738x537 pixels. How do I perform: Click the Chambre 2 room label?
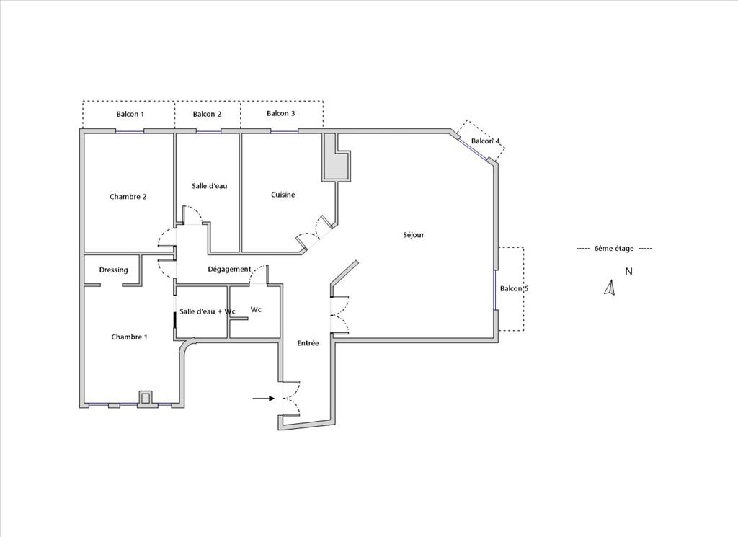128,197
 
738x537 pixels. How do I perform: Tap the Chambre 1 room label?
130,337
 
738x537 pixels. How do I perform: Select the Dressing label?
113,270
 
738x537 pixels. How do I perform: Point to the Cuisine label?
283,195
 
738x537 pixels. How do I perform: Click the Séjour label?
414,235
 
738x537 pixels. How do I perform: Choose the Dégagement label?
229,269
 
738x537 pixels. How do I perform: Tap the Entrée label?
308,343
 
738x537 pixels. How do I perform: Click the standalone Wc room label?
256,310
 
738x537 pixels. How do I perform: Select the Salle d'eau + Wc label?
207,311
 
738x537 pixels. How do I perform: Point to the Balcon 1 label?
130,114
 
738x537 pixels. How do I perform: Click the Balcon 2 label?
207,114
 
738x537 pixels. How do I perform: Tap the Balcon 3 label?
281,113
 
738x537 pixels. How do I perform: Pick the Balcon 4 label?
486,141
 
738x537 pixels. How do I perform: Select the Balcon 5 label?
514,288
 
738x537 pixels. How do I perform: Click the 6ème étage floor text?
614,249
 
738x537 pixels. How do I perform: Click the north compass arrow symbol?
610,288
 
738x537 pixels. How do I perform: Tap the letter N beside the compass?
628,272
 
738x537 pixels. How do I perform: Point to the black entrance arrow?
264,399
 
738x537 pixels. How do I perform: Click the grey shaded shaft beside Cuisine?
336,156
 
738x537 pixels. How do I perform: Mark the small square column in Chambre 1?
146,398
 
